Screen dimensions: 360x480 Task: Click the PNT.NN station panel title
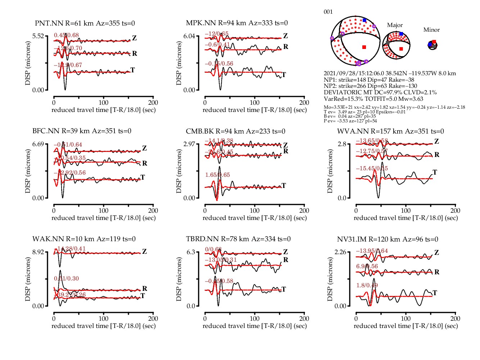[85, 23]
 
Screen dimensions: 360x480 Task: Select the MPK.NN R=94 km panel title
[237, 23]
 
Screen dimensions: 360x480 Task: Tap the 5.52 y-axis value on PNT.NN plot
[38, 36]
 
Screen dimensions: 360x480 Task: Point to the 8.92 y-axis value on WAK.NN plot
[38, 252]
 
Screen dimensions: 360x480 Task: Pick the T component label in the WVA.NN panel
[435, 172]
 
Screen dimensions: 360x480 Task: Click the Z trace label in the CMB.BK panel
[285, 145]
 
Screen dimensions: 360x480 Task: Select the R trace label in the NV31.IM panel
[437, 272]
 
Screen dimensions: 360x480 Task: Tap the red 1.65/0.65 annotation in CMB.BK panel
[217, 175]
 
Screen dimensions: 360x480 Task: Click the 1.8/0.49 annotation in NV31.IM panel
[367, 285]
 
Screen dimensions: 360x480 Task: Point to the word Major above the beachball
[395, 25]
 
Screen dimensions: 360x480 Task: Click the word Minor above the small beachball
[431, 30]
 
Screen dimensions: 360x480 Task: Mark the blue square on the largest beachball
[364, 21]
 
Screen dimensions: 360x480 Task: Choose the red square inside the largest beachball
[364, 47]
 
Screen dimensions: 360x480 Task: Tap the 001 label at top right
[328, 12]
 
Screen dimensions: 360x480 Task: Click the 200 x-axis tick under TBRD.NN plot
[304, 319]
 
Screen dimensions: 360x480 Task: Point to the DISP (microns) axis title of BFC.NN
[28, 171]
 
